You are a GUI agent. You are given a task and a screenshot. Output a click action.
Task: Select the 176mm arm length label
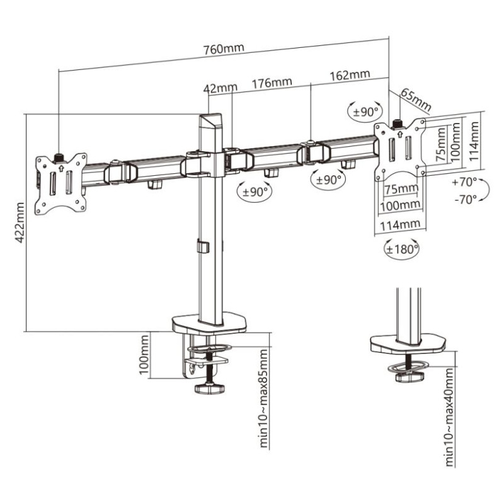(x=272, y=83)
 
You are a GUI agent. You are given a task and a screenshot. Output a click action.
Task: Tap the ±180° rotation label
(x=403, y=249)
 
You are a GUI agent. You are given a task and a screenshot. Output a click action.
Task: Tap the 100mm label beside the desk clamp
(x=145, y=355)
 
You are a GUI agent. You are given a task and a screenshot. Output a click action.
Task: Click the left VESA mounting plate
(x=61, y=183)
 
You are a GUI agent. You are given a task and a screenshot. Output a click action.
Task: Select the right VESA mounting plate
(x=400, y=150)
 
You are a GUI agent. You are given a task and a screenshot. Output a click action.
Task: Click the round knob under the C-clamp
(x=209, y=389)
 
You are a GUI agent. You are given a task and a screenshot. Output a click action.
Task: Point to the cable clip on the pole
(x=202, y=246)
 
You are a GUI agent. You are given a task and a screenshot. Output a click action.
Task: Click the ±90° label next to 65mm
(x=365, y=112)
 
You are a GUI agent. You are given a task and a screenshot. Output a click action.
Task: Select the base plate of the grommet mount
(x=408, y=344)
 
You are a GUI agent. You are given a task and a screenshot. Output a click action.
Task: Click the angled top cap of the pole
(x=212, y=121)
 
